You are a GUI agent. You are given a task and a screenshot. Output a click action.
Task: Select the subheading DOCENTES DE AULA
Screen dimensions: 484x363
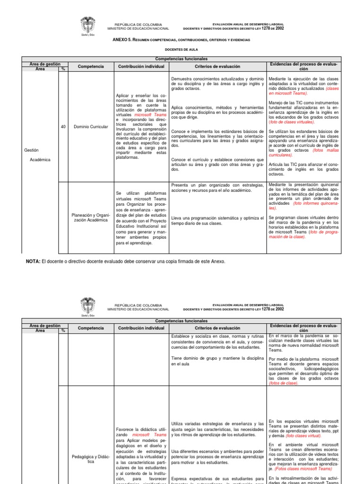tap(181, 49)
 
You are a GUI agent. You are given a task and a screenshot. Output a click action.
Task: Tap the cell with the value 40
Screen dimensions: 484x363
tap(63, 127)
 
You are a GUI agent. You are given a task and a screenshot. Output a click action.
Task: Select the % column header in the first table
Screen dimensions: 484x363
tap(63, 69)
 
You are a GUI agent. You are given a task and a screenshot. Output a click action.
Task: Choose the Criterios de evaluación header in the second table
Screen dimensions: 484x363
tap(217, 328)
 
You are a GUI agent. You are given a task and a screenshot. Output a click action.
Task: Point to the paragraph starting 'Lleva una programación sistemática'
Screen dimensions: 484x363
tap(217, 220)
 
